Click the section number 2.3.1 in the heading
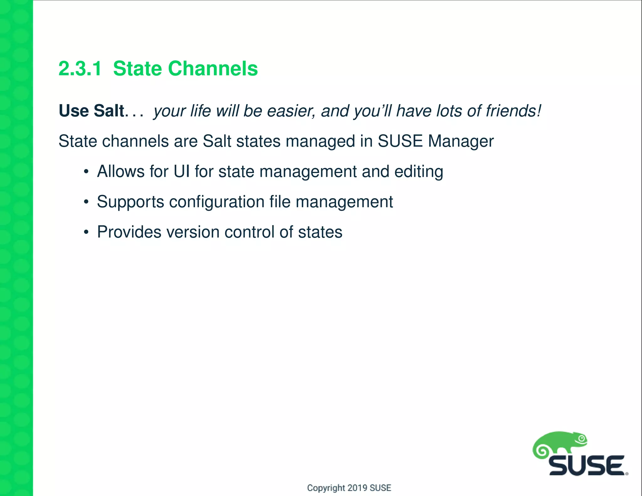coord(80,69)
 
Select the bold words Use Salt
coord(92,111)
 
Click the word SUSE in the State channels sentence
coord(400,141)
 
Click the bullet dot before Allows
coord(86,172)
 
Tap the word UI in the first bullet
coord(182,171)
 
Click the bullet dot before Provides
coord(86,233)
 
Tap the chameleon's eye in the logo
coord(582,439)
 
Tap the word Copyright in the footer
coord(326,488)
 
